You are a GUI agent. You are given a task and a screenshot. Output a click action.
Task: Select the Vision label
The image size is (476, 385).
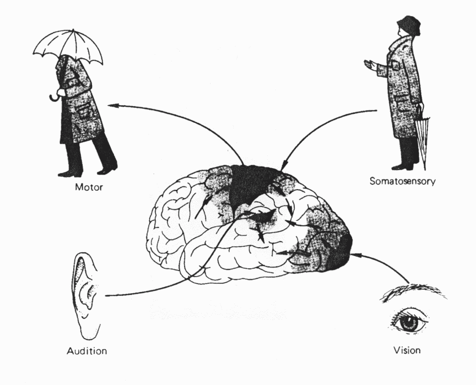407,350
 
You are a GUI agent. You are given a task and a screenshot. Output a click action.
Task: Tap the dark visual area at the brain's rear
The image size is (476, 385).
339,252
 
